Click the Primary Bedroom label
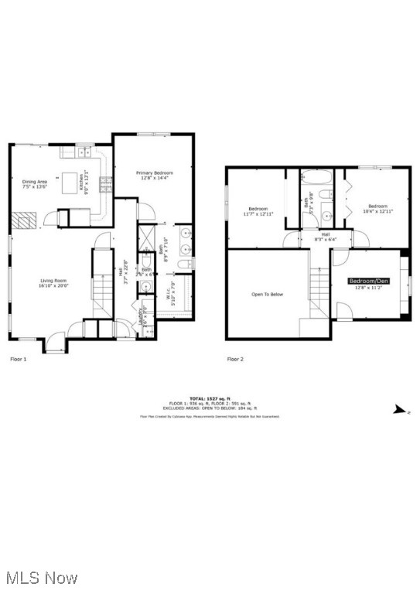(x=154, y=172)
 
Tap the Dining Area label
(x=35, y=182)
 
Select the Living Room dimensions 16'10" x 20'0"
(x=55, y=285)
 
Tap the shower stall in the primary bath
(x=147, y=234)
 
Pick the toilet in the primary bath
(x=184, y=265)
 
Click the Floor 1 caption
(x=18, y=359)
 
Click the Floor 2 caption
(x=235, y=359)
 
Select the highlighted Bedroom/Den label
(x=368, y=281)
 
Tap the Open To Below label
(x=267, y=294)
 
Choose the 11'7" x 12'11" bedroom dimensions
(x=258, y=212)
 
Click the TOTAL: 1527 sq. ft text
(x=210, y=398)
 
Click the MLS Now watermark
(x=40, y=578)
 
